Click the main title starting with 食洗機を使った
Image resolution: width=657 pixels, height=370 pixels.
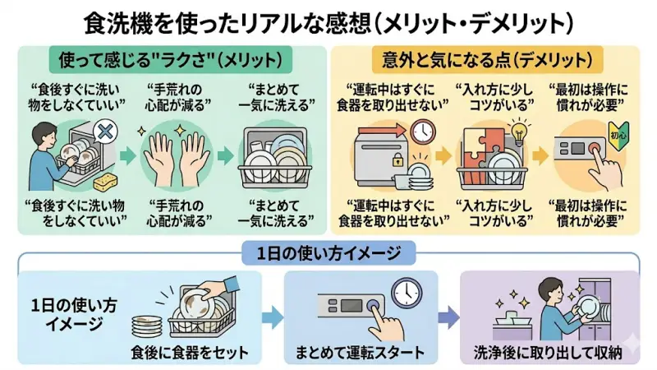[x=328, y=20]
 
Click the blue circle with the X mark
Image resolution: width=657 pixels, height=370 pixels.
[x=103, y=132]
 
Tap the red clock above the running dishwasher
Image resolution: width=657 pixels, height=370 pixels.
[x=423, y=132]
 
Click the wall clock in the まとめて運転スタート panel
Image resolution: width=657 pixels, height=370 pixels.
[x=403, y=291]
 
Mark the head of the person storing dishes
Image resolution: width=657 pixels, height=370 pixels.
[x=548, y=289]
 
